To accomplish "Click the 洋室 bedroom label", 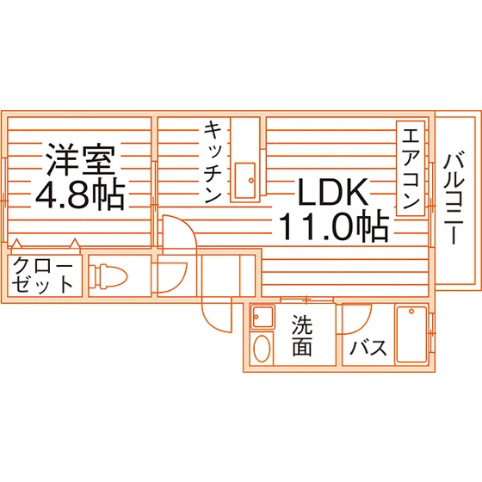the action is pyautogui.click(x=80, y=159).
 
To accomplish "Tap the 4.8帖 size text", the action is pyautogui.click(x=80, y=195).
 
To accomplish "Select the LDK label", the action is pyautogui.click(x=333, y=192).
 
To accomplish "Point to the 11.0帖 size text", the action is pyautogui.click(x=334, y=226).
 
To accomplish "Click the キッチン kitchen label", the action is pyautogui.click(x=213, y=162).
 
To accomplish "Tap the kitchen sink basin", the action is pyautogui.click(x=245, y=181).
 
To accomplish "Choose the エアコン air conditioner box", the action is pyautogui.click(x=411, y=168).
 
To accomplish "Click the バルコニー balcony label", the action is pyautogui.click(x=454, y=198).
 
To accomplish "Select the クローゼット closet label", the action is pyautogui.click(x=43, y=275).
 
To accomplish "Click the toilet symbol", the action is pyautogui.click(x=108, y=275).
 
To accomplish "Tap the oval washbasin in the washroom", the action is pyautogui.click(x=262, y=349).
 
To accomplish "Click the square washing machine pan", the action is pyautogui.click(x=263, y=317).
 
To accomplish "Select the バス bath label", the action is pyautogui.click(x=368, y=348).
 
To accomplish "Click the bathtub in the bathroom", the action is pyautogui.click(x=411, y=334).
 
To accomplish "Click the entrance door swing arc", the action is pyautogui.click(x=210, y=322).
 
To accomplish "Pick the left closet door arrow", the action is pyautogui.click(x=16, y=244).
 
